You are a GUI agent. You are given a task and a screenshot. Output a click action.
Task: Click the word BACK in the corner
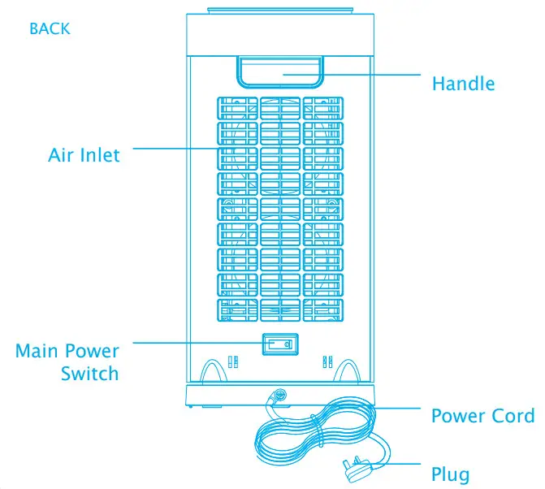click(50, 28)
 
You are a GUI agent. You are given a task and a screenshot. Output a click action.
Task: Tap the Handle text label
click(463, 83)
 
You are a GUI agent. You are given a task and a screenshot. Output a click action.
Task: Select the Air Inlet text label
click(84, 154)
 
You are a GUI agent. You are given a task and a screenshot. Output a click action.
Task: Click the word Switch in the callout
click(89, 374)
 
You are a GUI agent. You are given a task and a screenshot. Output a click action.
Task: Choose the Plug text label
click(450, 474)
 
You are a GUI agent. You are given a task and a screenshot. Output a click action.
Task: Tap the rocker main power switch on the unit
click(279, 344)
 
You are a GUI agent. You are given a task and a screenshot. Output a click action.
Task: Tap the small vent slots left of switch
click(232, 361)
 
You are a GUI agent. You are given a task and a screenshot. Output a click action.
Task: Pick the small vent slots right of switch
click(327, 361)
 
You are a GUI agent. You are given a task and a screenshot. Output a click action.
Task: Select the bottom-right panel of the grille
click(323, 310)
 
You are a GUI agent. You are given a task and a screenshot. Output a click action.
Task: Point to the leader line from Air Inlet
click(175, 149)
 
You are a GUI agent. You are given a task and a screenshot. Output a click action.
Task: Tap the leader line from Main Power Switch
click(195, 343)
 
